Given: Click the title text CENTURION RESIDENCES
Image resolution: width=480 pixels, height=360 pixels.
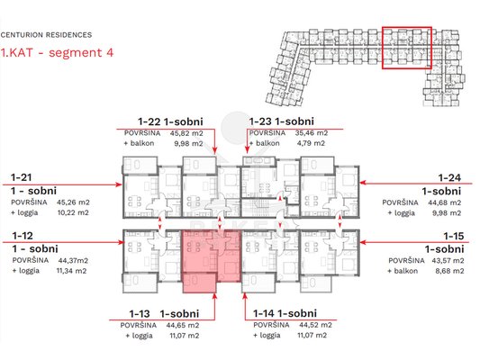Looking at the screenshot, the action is click(x=46, y=35).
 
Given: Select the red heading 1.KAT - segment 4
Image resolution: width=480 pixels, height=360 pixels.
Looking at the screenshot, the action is click(x=57, y=52).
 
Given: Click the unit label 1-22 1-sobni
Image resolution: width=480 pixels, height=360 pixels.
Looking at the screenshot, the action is click(x=170, y=121).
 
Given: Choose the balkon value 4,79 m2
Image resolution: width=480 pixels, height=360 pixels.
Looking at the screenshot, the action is click(x=311, y=143).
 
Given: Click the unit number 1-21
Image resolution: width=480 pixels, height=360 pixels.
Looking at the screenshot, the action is click(x=21, y=177).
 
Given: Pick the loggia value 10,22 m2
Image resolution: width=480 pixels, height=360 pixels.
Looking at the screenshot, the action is click(x=73, y=212).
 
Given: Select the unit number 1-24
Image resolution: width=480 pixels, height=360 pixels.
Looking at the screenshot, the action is click(x=449, y=177).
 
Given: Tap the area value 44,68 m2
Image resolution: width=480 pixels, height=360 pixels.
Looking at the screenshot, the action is click(x=445, y=202).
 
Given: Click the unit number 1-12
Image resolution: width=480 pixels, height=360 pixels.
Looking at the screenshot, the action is click(x=23, y=236).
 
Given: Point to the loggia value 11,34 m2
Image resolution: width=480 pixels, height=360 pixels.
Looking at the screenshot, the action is click(x=72, y=271).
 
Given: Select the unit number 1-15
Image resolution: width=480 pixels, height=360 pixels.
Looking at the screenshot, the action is click(x=454, y=236).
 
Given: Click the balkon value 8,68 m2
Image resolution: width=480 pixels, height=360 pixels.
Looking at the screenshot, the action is click(x=449, y=271).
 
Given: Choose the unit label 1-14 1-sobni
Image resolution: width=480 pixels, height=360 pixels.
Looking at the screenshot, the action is click(x=285, y=313).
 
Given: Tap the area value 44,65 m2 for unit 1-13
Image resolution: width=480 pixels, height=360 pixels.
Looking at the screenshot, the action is click(x=183, y=325).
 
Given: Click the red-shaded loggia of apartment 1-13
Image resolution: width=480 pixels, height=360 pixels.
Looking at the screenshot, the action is click(x=199, y=283).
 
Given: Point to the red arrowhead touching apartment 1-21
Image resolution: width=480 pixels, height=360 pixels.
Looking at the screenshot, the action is click(x=119, y=184).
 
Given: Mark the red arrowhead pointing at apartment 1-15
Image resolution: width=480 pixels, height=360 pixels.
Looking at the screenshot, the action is click(x=363, y=242).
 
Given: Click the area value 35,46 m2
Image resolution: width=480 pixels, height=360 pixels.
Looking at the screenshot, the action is click(x=312, y=133).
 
